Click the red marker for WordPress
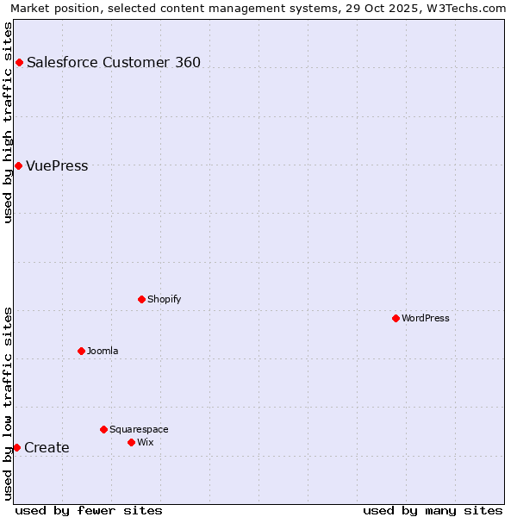click(396, 318)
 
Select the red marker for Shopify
click(141, 299)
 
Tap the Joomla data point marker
click(81, 351)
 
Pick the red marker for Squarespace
click(103, 429)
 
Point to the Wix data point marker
click(131, 442)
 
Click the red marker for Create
click(16, 447)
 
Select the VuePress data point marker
click(18, 165)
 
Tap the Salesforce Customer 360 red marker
click(19, 62)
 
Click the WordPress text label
click(426, 318)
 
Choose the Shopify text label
click(165, 299)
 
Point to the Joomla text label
click(103, 351)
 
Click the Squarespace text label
click(139, 429)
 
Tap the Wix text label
click(146, 442)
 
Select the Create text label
click(47, 447)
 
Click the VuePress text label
click(57, 165)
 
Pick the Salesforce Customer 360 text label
click(114, 62)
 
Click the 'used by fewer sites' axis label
click(89, 510)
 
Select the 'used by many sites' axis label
click(433, 510)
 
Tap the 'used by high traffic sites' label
click(8, 122)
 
